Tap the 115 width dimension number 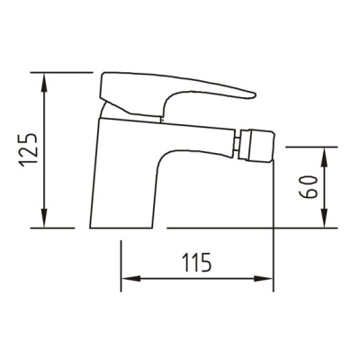pyautogui.click(x=197, y=262)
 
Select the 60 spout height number pyautogui.click(x=309, y=187)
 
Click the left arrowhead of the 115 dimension pyautogui.click(x=131, y=278)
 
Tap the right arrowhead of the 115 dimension pyautogui.click(x=263, y=278)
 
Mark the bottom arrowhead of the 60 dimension pyautogui.click(x=325, y=218)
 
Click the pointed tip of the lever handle pyautogui.click(x=255, y=95)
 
